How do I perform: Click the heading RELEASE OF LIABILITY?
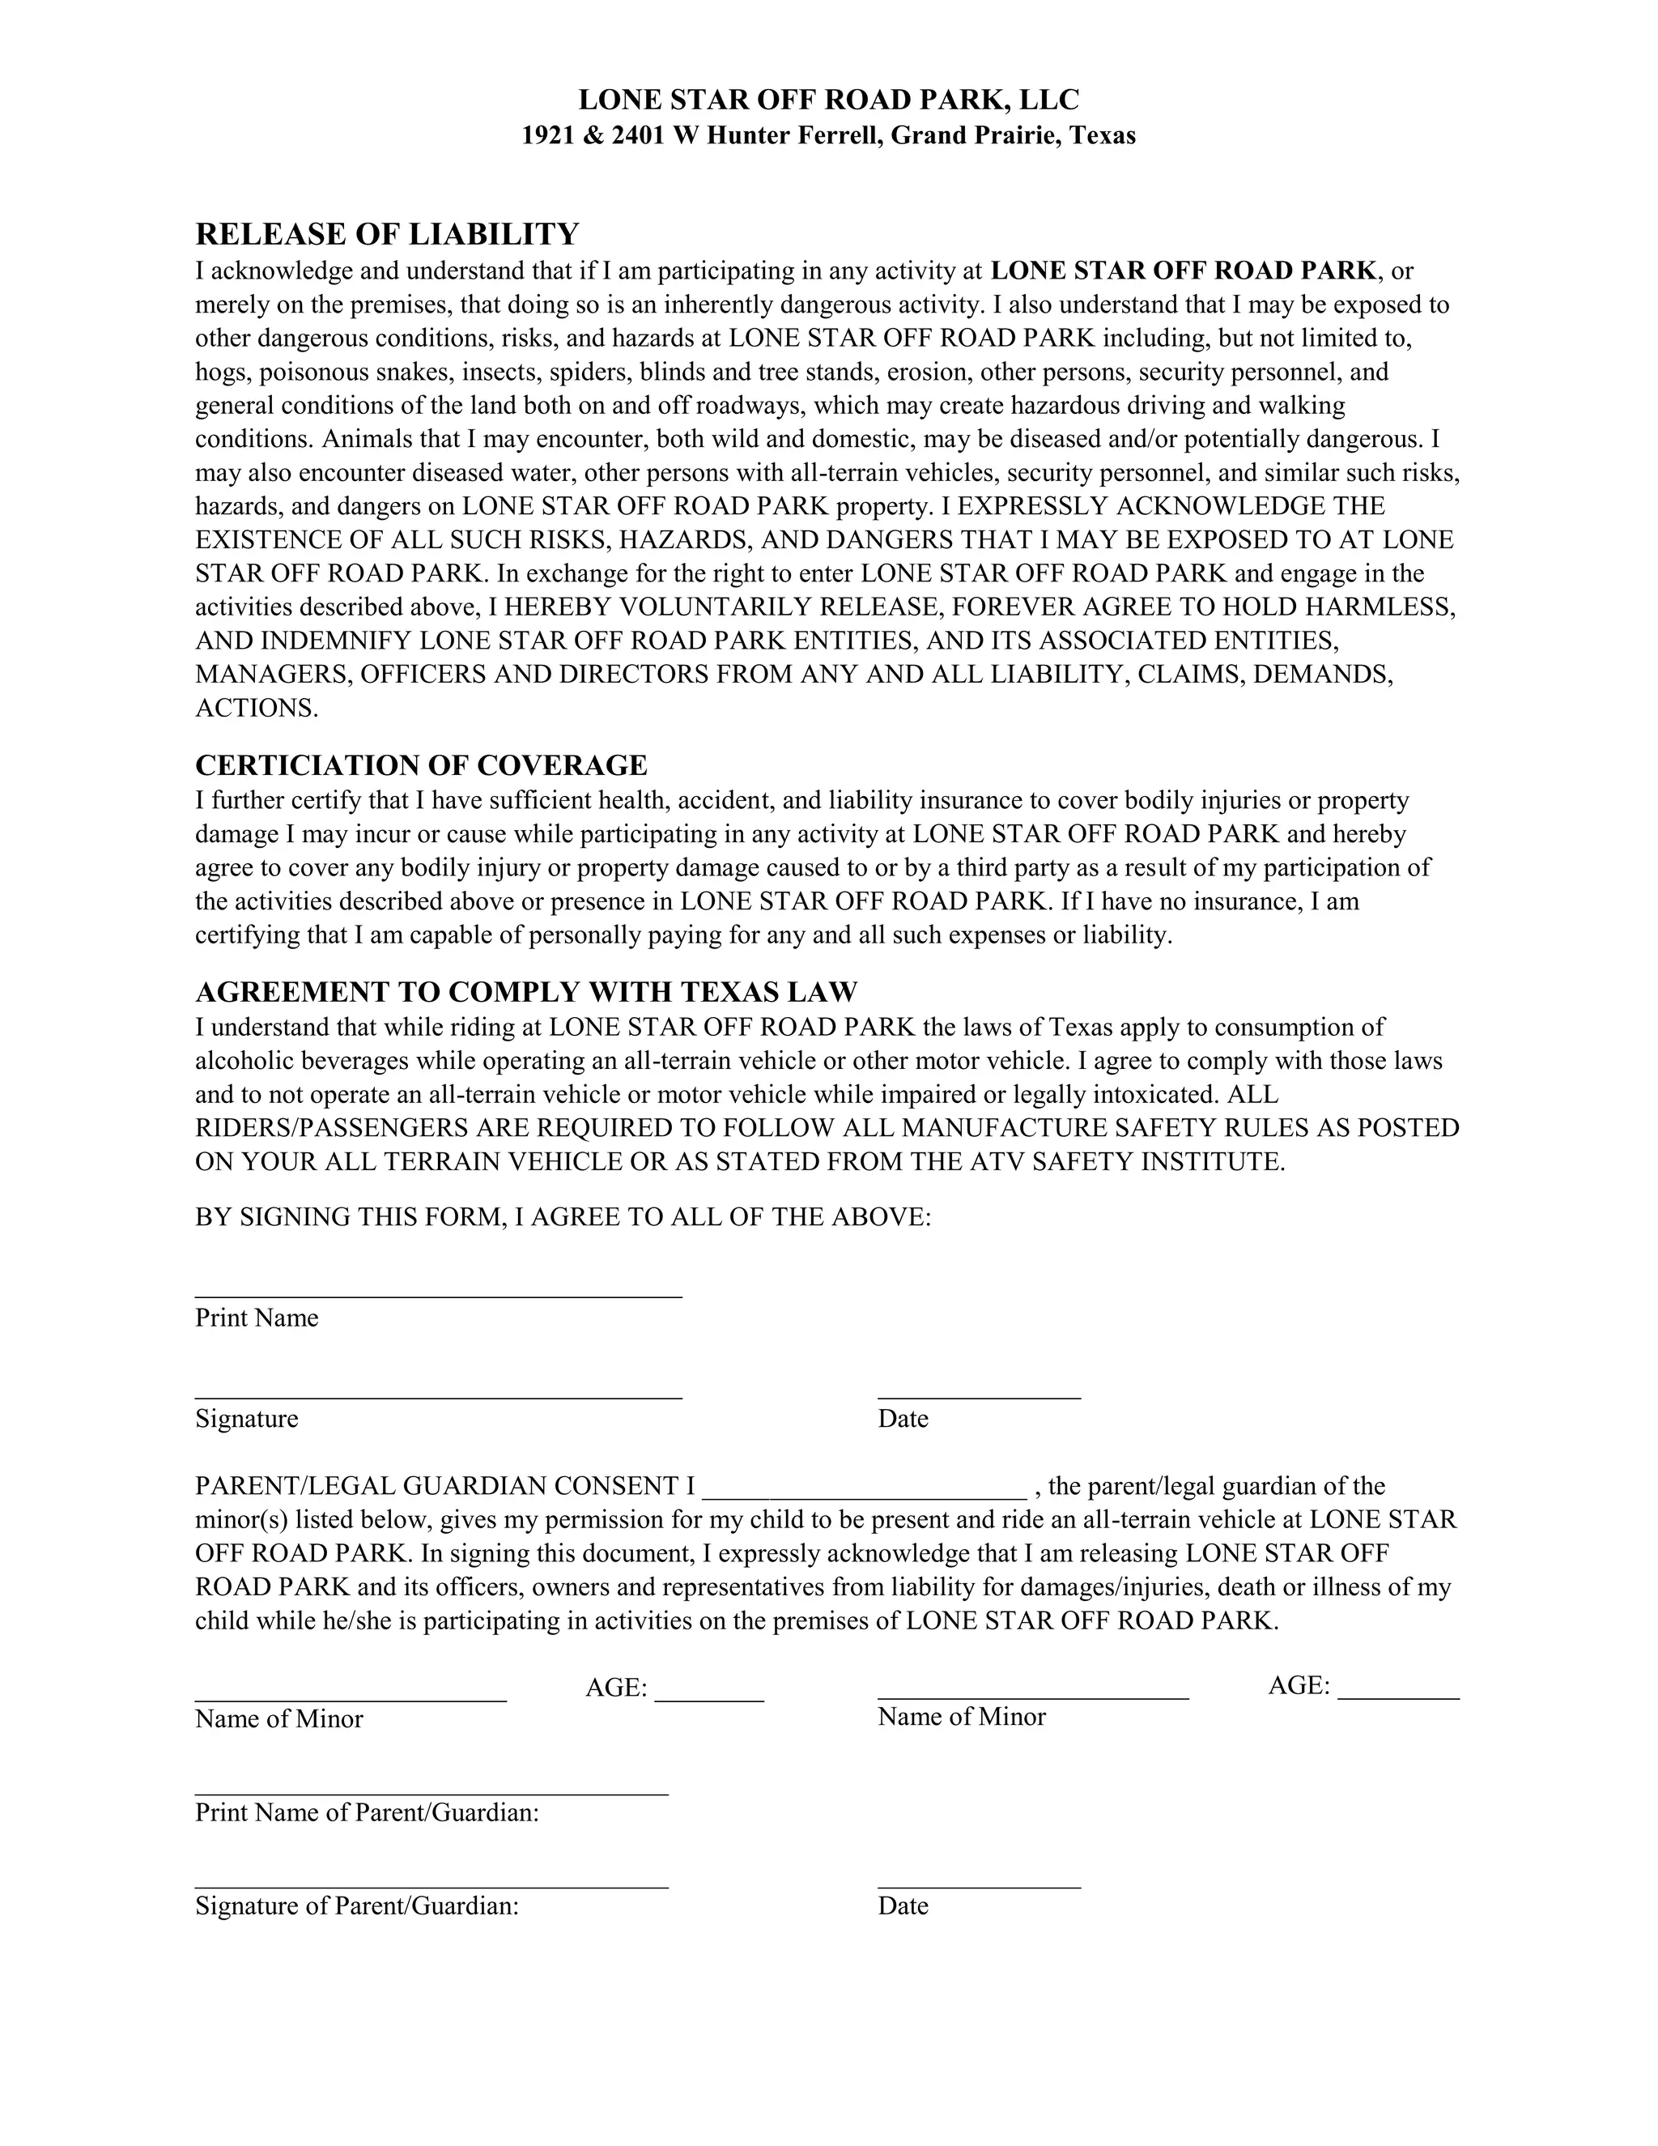tap(387, 235)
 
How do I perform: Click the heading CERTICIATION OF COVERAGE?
tap(421, 764)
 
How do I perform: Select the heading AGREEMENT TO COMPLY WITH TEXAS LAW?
tap(526, 991)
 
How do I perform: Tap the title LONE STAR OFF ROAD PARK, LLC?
tap(828, 100)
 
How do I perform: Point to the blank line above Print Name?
tap(438, 1294)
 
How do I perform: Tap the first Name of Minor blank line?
tap(351, 1698)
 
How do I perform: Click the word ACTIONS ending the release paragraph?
tap(257, 709)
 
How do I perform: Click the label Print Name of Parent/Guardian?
tap(367, 1812)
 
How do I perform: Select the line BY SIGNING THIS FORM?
tap(563, 1217)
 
